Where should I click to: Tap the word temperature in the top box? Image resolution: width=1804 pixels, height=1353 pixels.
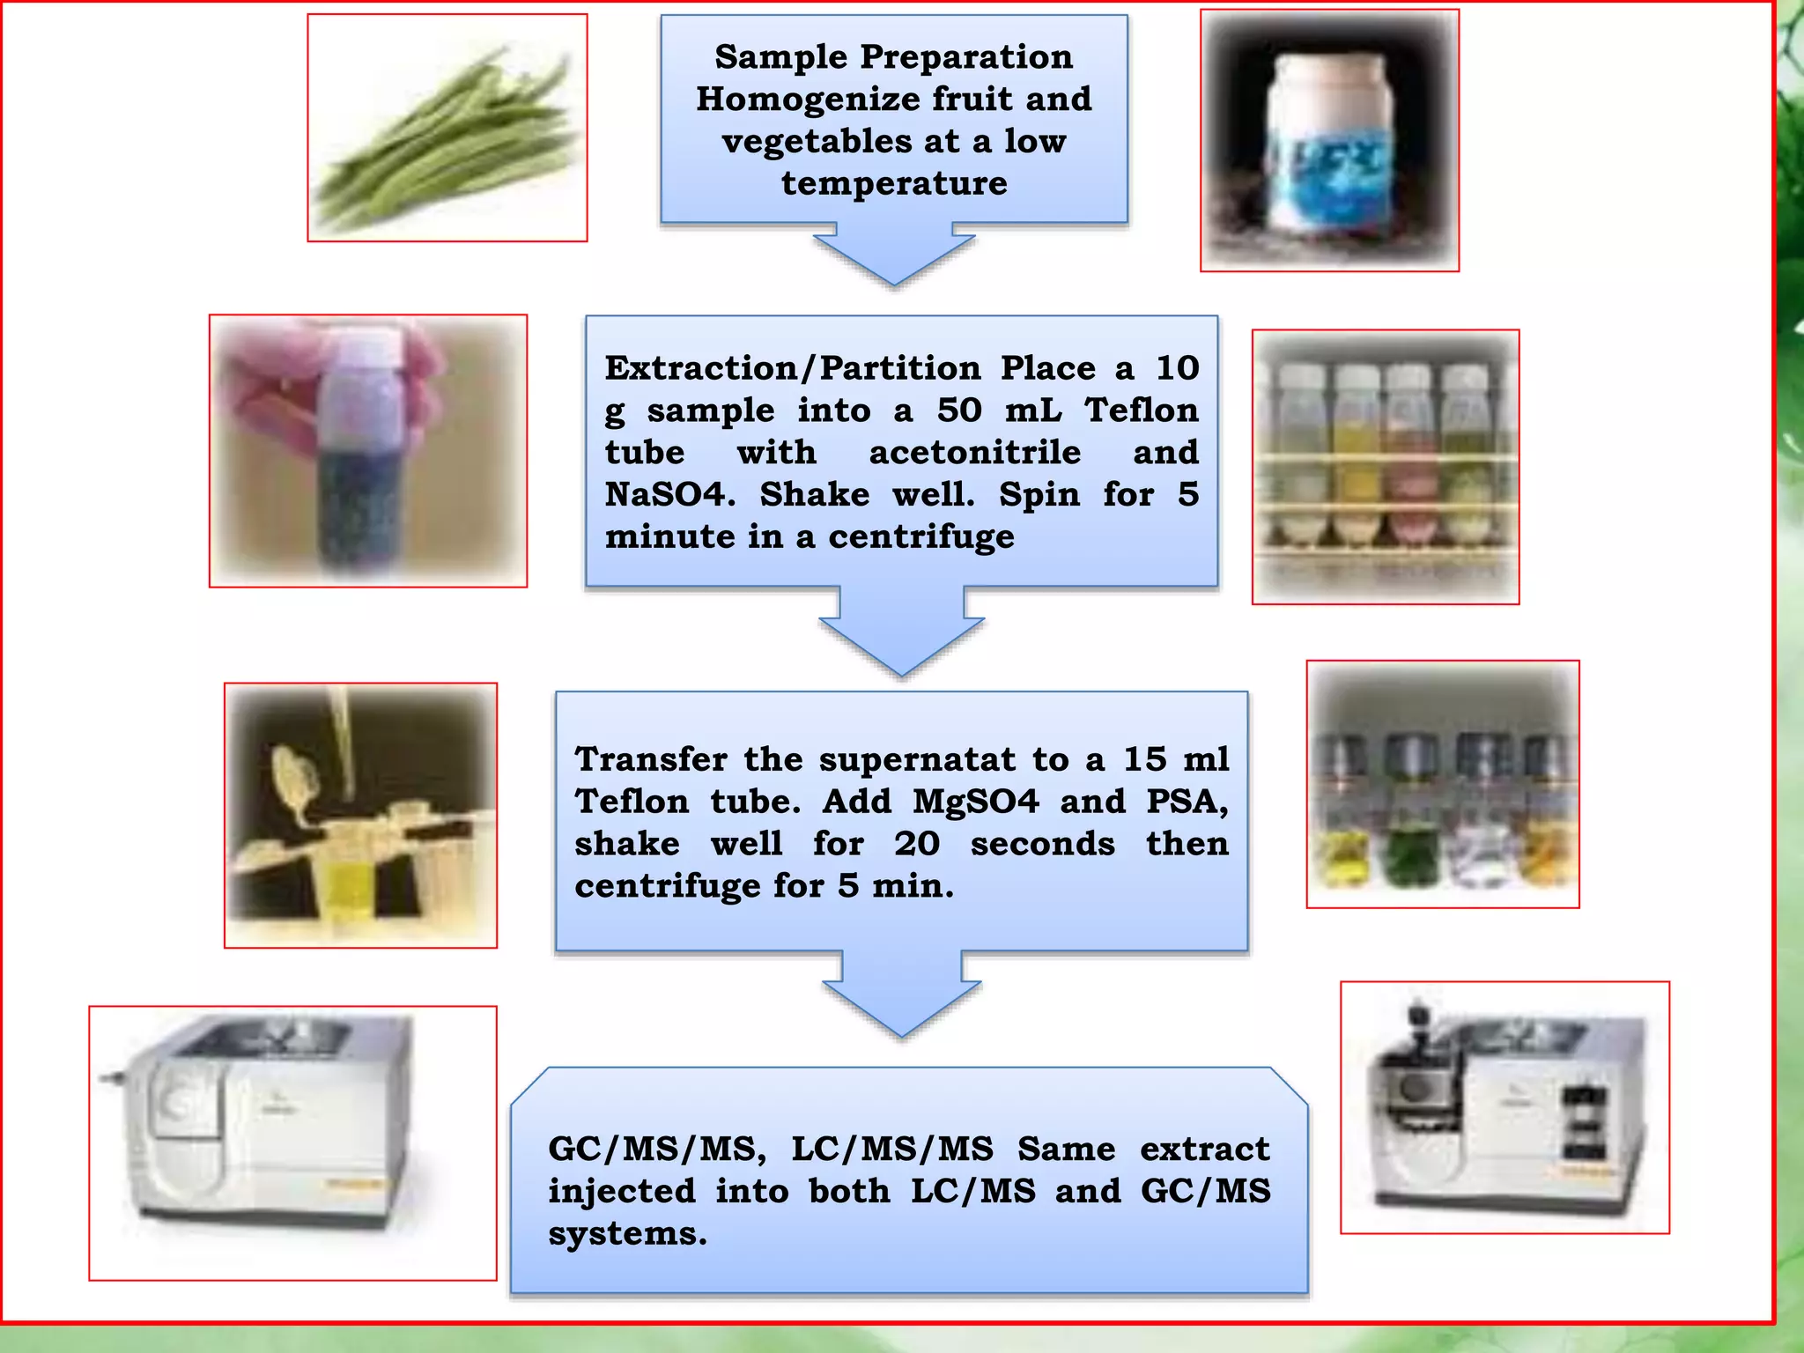tap(894, 183)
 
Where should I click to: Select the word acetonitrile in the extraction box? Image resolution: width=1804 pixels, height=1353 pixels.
tap(974, 453)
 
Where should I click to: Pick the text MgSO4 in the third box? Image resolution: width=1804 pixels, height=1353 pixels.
tap(975, 802)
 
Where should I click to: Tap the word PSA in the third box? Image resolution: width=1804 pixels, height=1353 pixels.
tap(1185, 802)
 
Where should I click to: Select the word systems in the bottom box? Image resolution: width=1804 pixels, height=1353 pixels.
tap(626, 1234)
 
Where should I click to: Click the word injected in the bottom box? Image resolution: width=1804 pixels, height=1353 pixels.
tap(622, 1192)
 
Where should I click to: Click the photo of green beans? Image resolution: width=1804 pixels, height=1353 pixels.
tap(447, 128)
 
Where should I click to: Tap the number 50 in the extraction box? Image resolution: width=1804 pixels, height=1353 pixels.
tap(958, 410)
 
